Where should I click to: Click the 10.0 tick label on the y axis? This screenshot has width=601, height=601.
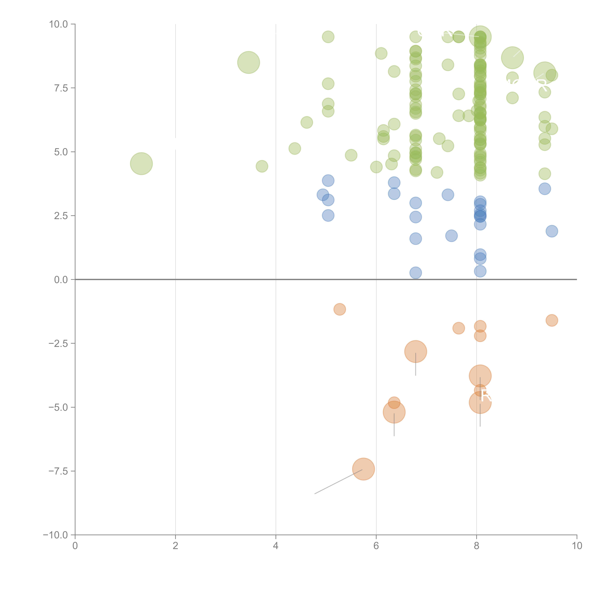tap(59, 24)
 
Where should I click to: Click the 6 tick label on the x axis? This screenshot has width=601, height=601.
tap(376, 546)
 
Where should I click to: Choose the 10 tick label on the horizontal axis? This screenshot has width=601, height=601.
tap(577, 546)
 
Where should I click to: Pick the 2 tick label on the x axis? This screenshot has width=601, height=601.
tap(175, 546)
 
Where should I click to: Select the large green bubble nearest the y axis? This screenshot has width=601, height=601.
tap(141, 164)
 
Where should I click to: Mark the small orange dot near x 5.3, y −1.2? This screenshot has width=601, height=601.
tap(340, 309)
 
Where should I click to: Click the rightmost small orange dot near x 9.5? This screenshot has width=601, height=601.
tap(552, 320)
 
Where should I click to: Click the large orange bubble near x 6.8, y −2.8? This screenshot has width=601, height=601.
tap(416, 351)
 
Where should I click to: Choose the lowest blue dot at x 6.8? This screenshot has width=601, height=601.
tap(416, 273)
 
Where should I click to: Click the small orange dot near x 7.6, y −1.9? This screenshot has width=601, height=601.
tap(459, 328)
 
